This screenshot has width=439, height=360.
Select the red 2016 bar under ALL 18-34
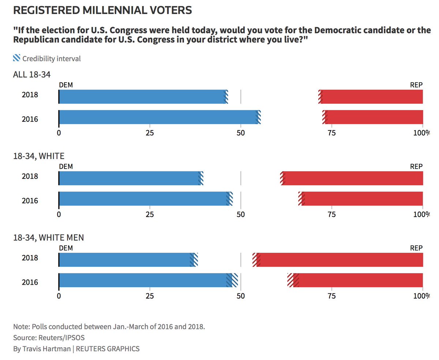pyautogui.click(x=373, y=117)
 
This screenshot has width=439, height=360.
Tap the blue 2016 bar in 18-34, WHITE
pyautogui.click(x=143, y=198)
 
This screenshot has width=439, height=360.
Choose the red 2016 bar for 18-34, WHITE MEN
pyautogui.click(x=360, y=280)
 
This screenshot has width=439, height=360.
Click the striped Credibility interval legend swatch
pyautogui.click(x=17, y=58)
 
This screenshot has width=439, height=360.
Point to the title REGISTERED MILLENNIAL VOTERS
pyautogui.click(x=102, y=10)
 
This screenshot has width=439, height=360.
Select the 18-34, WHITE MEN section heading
pyautogui.click(x=48, y=238)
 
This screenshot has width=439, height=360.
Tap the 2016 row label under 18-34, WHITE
pyautogui.click(x=30, y=201)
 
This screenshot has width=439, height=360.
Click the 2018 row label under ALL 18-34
pyautogui.click(x=30, y=95)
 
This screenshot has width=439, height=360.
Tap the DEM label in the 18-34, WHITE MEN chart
pyautogui.click(x=66, y=248)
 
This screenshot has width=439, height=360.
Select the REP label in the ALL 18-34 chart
pyautogui.click(x=416, y=85)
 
